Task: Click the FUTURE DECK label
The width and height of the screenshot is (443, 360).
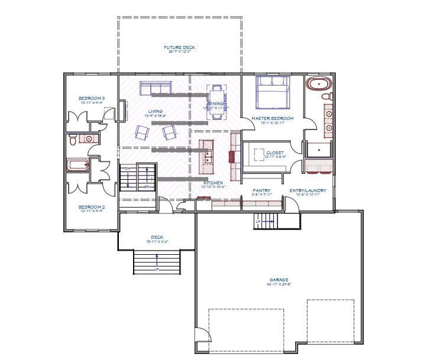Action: [x=179, y=47]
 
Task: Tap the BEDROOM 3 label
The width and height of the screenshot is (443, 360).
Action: [x=92, y=98]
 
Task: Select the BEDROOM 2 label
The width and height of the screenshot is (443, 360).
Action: [x=92, y=207]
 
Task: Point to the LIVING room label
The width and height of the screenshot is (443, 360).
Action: [x=155, y=111]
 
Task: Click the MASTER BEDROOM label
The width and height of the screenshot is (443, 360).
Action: [x=272, y=118]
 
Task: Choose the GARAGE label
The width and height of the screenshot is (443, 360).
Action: [x=278, y=280]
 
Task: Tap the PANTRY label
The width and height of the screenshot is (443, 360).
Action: [x=261, y=190]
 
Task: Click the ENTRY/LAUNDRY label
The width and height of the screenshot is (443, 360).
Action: [x=308, y=190]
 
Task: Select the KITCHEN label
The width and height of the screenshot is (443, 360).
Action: [x=213, y=183]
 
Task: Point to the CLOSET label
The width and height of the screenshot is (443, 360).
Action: [x=274, y=153]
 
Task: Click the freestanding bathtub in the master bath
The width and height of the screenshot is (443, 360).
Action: [x=319, y=83]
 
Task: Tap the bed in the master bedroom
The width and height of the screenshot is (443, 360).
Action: [x=272, y=92]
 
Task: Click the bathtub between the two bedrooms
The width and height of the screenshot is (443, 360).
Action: [x=77, y=165]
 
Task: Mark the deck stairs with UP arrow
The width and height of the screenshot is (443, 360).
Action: [x=156, y=260]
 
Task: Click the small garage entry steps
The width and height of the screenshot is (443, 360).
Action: [x=266, y=222]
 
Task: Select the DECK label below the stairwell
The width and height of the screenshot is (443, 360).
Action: [x=156, y=238]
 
